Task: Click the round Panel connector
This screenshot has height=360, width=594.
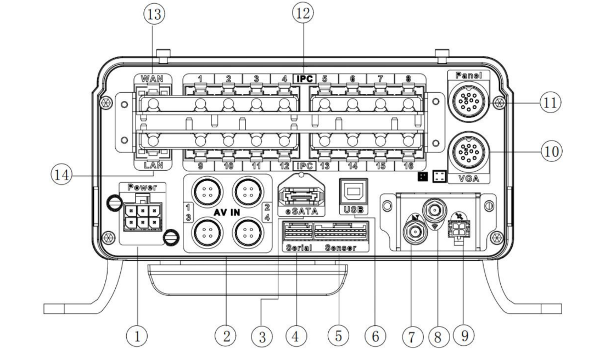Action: (x=468, y=99)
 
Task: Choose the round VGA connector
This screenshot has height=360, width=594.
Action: (x=468, y=151)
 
